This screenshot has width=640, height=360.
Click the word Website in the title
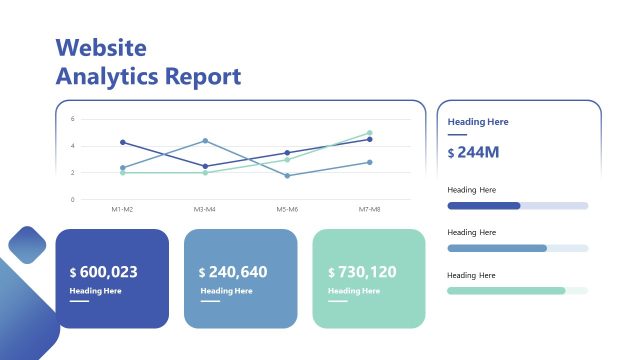tap(101, 47)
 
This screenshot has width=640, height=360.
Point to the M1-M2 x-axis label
tap(122, 209)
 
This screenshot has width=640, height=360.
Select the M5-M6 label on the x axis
tap(287, 209)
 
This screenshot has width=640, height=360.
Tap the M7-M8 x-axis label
tap(369, 209)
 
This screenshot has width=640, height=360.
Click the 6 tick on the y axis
tap(72, 119)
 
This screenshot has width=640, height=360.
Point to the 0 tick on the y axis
tap(72, 199)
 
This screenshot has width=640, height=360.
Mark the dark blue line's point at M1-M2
tap(122, 142)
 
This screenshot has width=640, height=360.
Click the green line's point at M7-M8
tap(369, 133)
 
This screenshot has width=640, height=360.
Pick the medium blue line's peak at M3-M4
tap(205, 141)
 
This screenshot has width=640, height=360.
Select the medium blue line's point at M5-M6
tap(287, 176)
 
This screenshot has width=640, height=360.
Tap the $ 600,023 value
tap(104, 272)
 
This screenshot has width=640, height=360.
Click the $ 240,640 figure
tap(233, 272)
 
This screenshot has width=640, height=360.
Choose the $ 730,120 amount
tap(362, 272)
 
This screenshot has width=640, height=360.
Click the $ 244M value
tap(474, 152)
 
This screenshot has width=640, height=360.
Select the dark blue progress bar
tap(484, 206)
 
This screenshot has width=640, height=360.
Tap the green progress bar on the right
tap(506, 291)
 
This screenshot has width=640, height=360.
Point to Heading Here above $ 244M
tap(478, 122)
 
